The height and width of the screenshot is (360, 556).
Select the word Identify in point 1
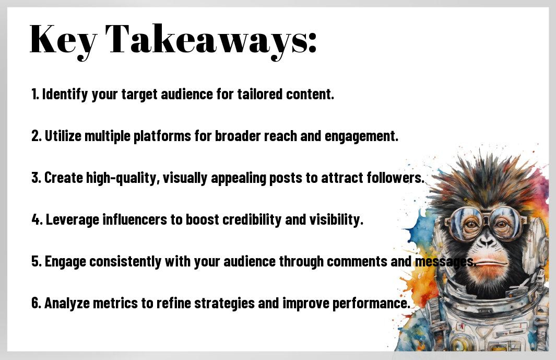[x=65, y=95]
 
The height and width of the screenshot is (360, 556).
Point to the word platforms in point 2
[x=162, y=136]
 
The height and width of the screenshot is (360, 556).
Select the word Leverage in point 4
[x=73, y=220]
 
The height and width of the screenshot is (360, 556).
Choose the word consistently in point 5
[x=125, y=262]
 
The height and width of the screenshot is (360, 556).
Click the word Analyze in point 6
[x=67, y=304]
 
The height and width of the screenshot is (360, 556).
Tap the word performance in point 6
[x=371, y=304]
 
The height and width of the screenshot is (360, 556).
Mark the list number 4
[x=37, y=220]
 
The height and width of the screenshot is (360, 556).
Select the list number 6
[x=37, y=303]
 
